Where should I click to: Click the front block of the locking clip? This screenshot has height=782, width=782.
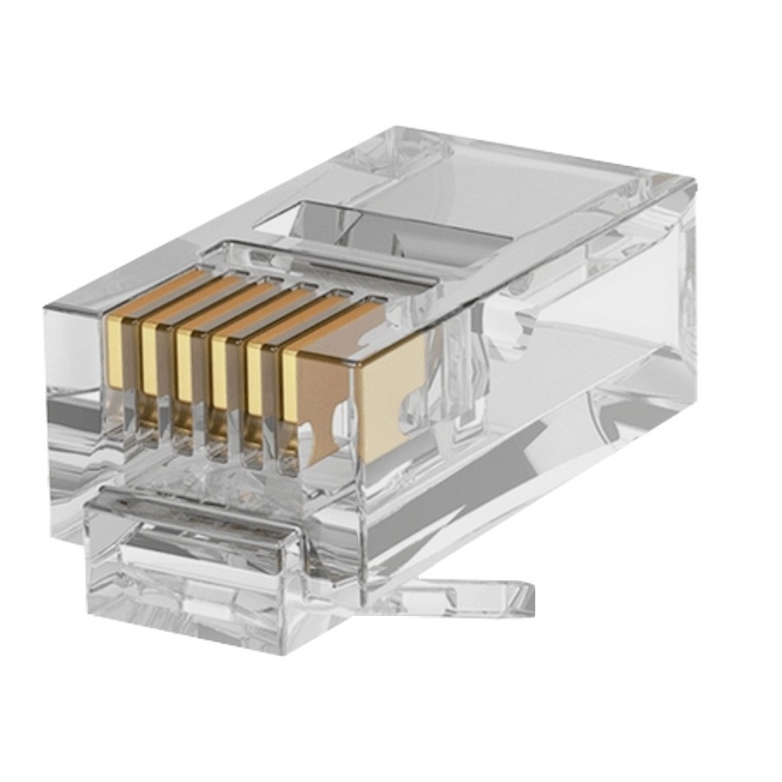[191, 573]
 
